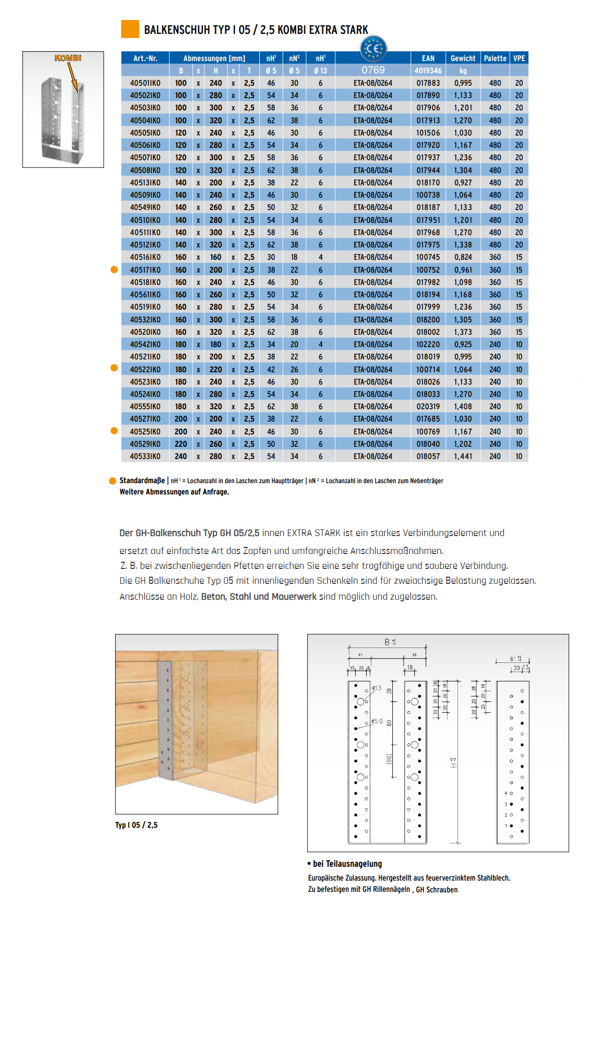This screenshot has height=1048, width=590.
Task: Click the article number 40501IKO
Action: click(x=145, y=83)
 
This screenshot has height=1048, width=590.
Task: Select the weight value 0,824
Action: click(x=463, y=257)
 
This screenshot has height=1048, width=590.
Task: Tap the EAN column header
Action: click(x=428, y=59)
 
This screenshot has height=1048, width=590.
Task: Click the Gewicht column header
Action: click(x=463, y=59)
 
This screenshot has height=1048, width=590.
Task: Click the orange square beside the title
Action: click(x=130, y=29)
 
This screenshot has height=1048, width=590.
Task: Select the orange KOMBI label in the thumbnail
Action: click(x=68, y=58)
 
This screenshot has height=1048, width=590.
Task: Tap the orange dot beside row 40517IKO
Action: click(x=114, y=270)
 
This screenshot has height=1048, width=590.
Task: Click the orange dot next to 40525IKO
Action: click(x=114, y=431)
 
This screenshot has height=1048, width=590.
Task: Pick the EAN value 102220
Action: click(x=428, y=345)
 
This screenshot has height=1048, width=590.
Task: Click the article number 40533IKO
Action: click(x=145, y=456)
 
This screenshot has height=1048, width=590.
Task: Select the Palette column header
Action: click(x=495, y=59)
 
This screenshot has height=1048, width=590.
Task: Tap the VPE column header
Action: click(x=519, y=59)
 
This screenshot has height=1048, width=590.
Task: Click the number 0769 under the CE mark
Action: click(x=373, y=70)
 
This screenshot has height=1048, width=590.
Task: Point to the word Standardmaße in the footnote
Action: click(x=142, y=481)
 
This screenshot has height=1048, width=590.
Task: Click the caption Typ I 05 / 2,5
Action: click(x=136, y=825)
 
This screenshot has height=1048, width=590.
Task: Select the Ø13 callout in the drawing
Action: click(x=376, y=688)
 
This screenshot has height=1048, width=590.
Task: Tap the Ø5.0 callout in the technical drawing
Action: click(x=377, y=721)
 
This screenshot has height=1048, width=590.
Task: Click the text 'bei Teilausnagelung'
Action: click(x=347, y=864)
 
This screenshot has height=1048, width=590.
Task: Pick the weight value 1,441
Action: click(x=463, y=456)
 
